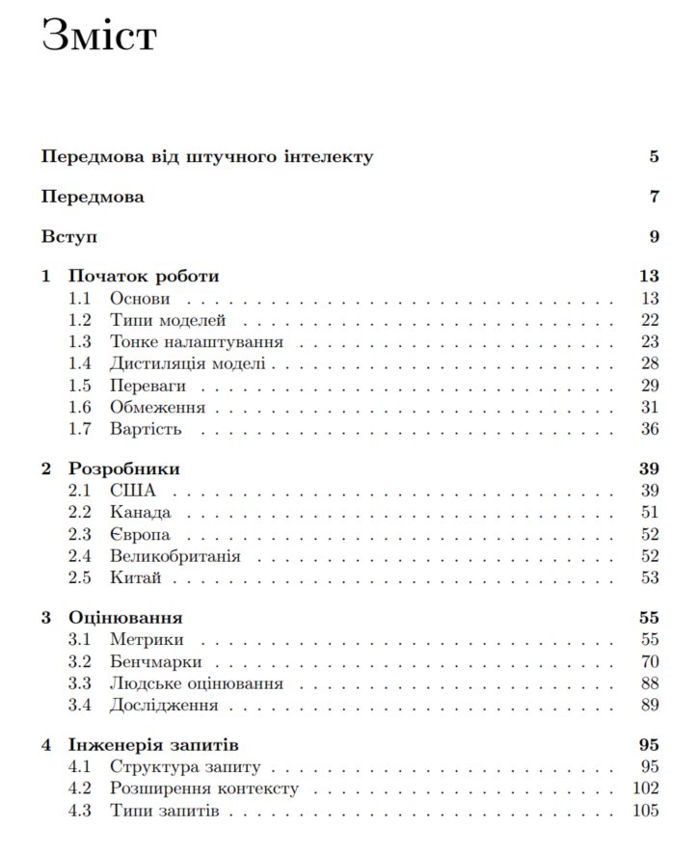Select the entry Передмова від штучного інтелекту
point(207,156)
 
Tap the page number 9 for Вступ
point(653,236)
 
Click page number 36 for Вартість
point(649,429)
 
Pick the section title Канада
point(140,513)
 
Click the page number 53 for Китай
point(649,578)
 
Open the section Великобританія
point(174,556)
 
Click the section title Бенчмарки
point(155,662)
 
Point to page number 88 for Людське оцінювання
point(649,684)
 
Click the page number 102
point(645,789)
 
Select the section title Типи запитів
point(164,812)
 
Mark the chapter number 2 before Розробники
point(46,469)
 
